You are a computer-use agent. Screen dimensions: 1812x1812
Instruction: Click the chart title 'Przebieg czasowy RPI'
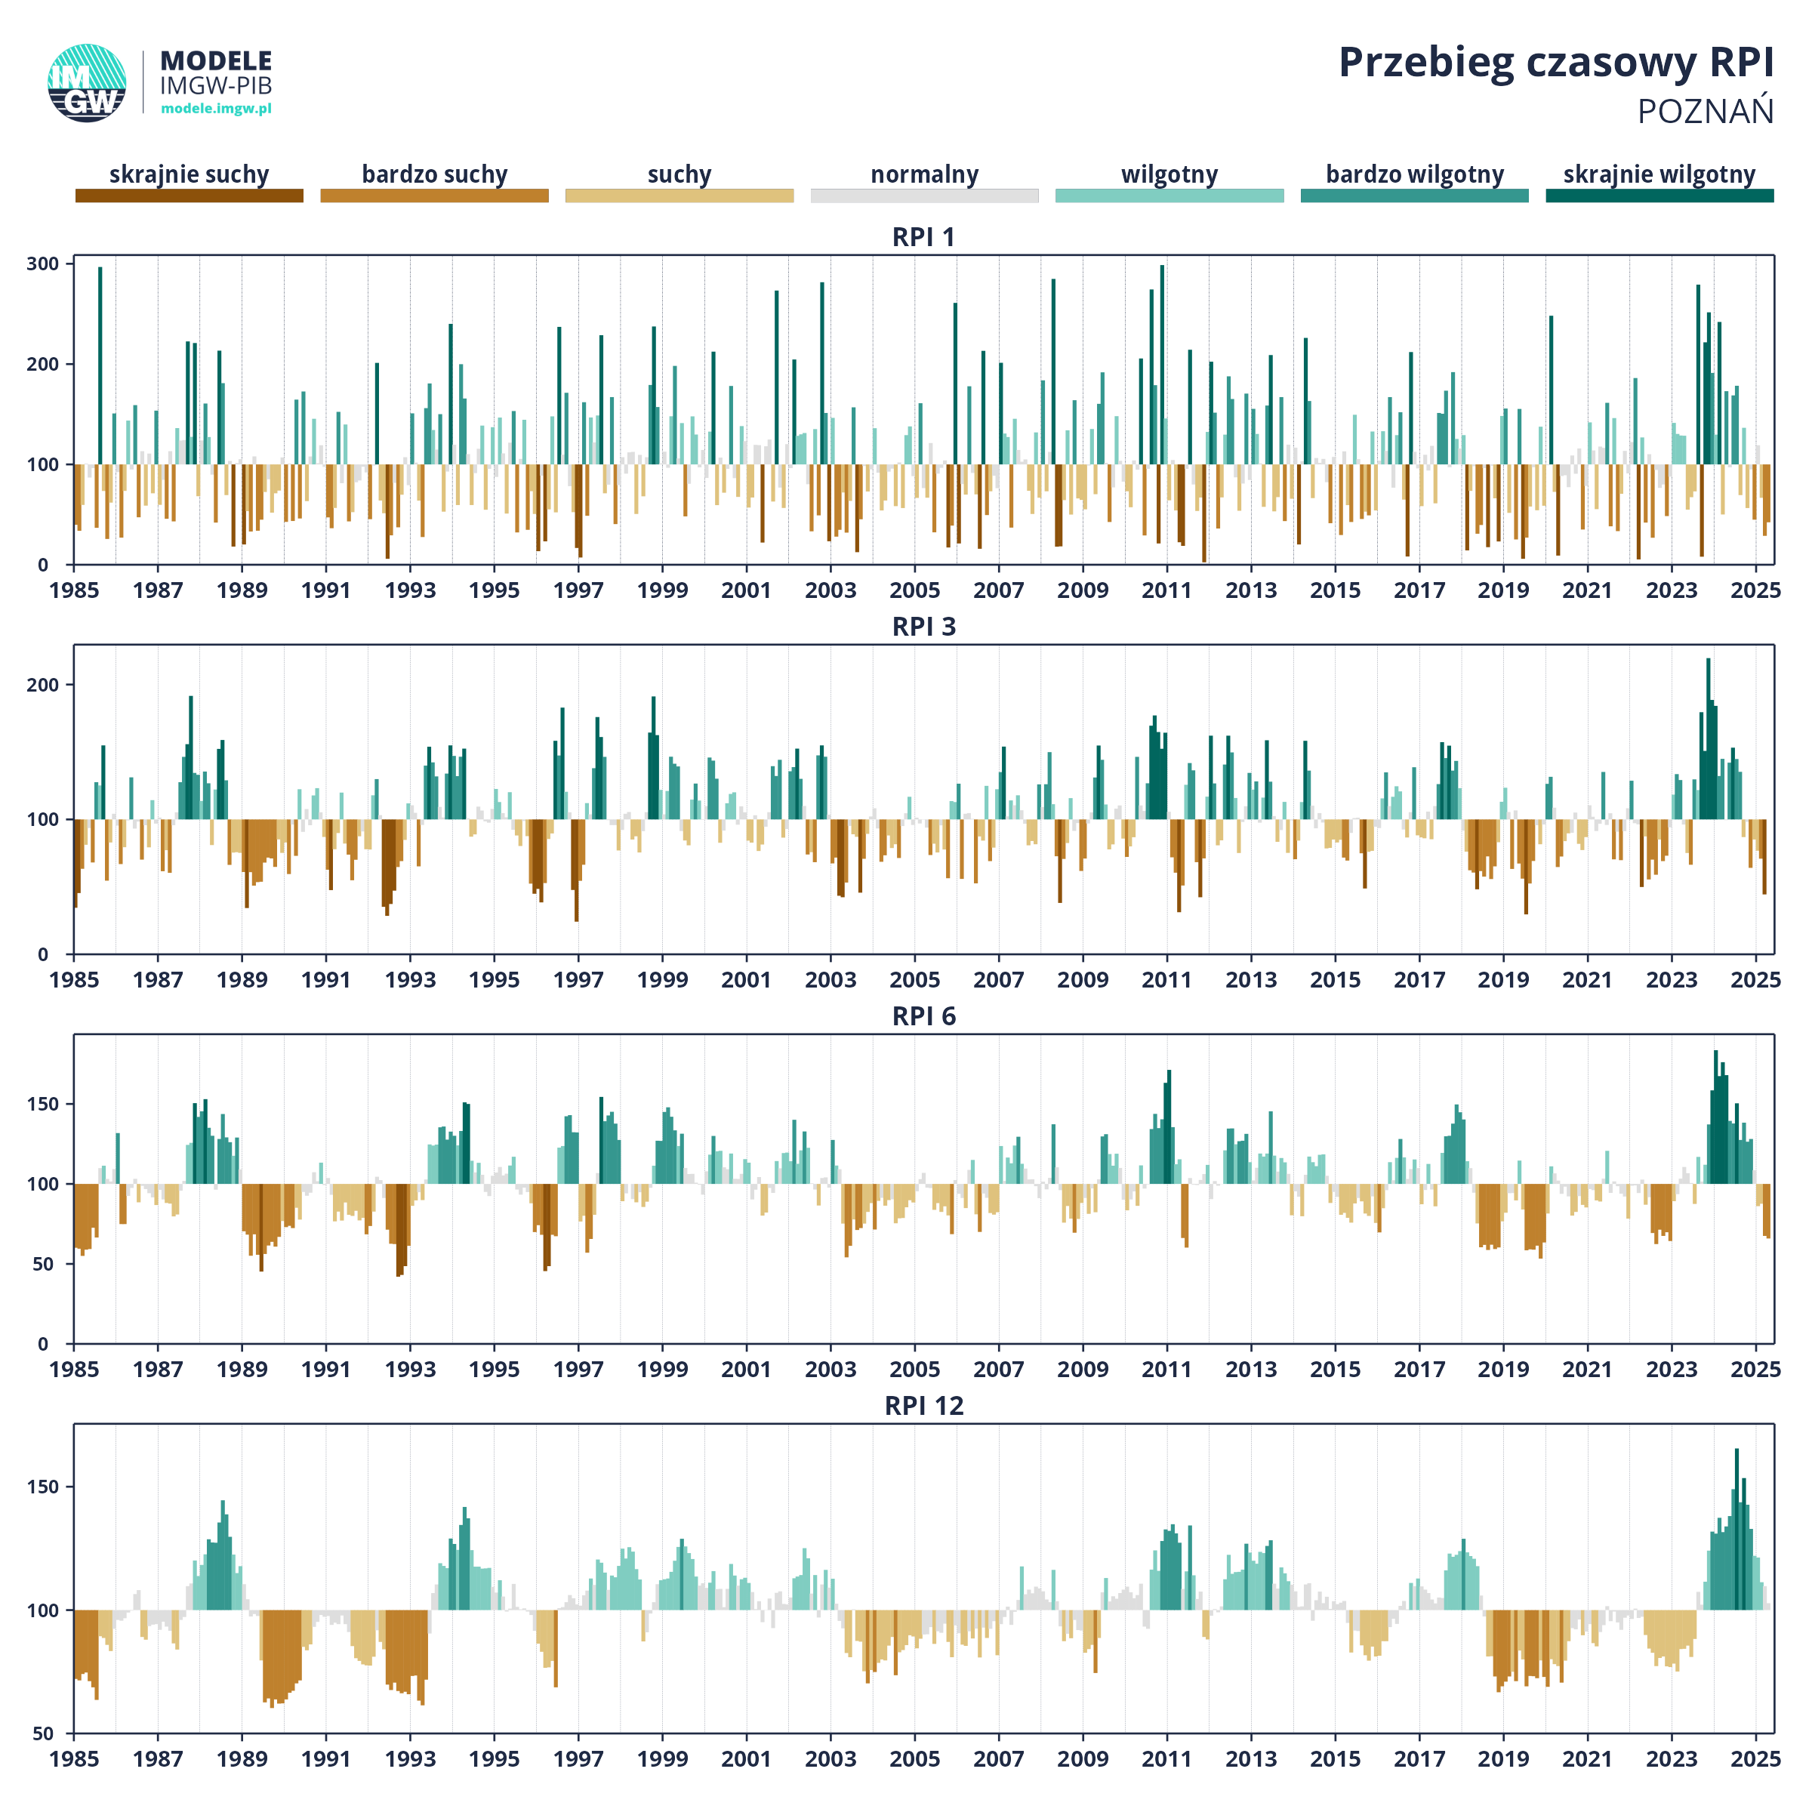click(1555, 63)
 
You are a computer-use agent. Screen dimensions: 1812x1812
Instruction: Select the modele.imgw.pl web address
click(216, 108)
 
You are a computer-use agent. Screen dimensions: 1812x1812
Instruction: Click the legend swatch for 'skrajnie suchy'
click(190, 195)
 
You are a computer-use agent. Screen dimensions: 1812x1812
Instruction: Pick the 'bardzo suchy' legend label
click(434, 174)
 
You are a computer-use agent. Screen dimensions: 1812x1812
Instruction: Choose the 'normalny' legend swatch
click(925, 195)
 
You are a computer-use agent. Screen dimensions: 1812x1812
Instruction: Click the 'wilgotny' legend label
click(1169, 174)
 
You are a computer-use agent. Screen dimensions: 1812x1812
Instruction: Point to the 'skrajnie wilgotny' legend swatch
click(1660, 195)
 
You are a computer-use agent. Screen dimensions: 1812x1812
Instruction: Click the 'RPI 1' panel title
click(924, 237)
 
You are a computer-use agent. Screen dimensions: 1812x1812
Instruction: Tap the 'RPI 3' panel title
click(924, 627)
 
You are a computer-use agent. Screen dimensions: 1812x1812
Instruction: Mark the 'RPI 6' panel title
click(924, 1017)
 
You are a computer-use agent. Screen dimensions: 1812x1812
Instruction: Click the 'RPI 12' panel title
click(924, 1406)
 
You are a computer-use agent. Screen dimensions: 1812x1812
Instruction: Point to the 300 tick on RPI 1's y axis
click(43, 263)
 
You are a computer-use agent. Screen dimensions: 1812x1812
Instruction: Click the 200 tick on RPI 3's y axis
click(43, 685)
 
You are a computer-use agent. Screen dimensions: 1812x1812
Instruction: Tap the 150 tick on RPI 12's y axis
click(43, 1487)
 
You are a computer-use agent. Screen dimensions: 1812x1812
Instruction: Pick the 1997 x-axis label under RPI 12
click(578, 1759)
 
